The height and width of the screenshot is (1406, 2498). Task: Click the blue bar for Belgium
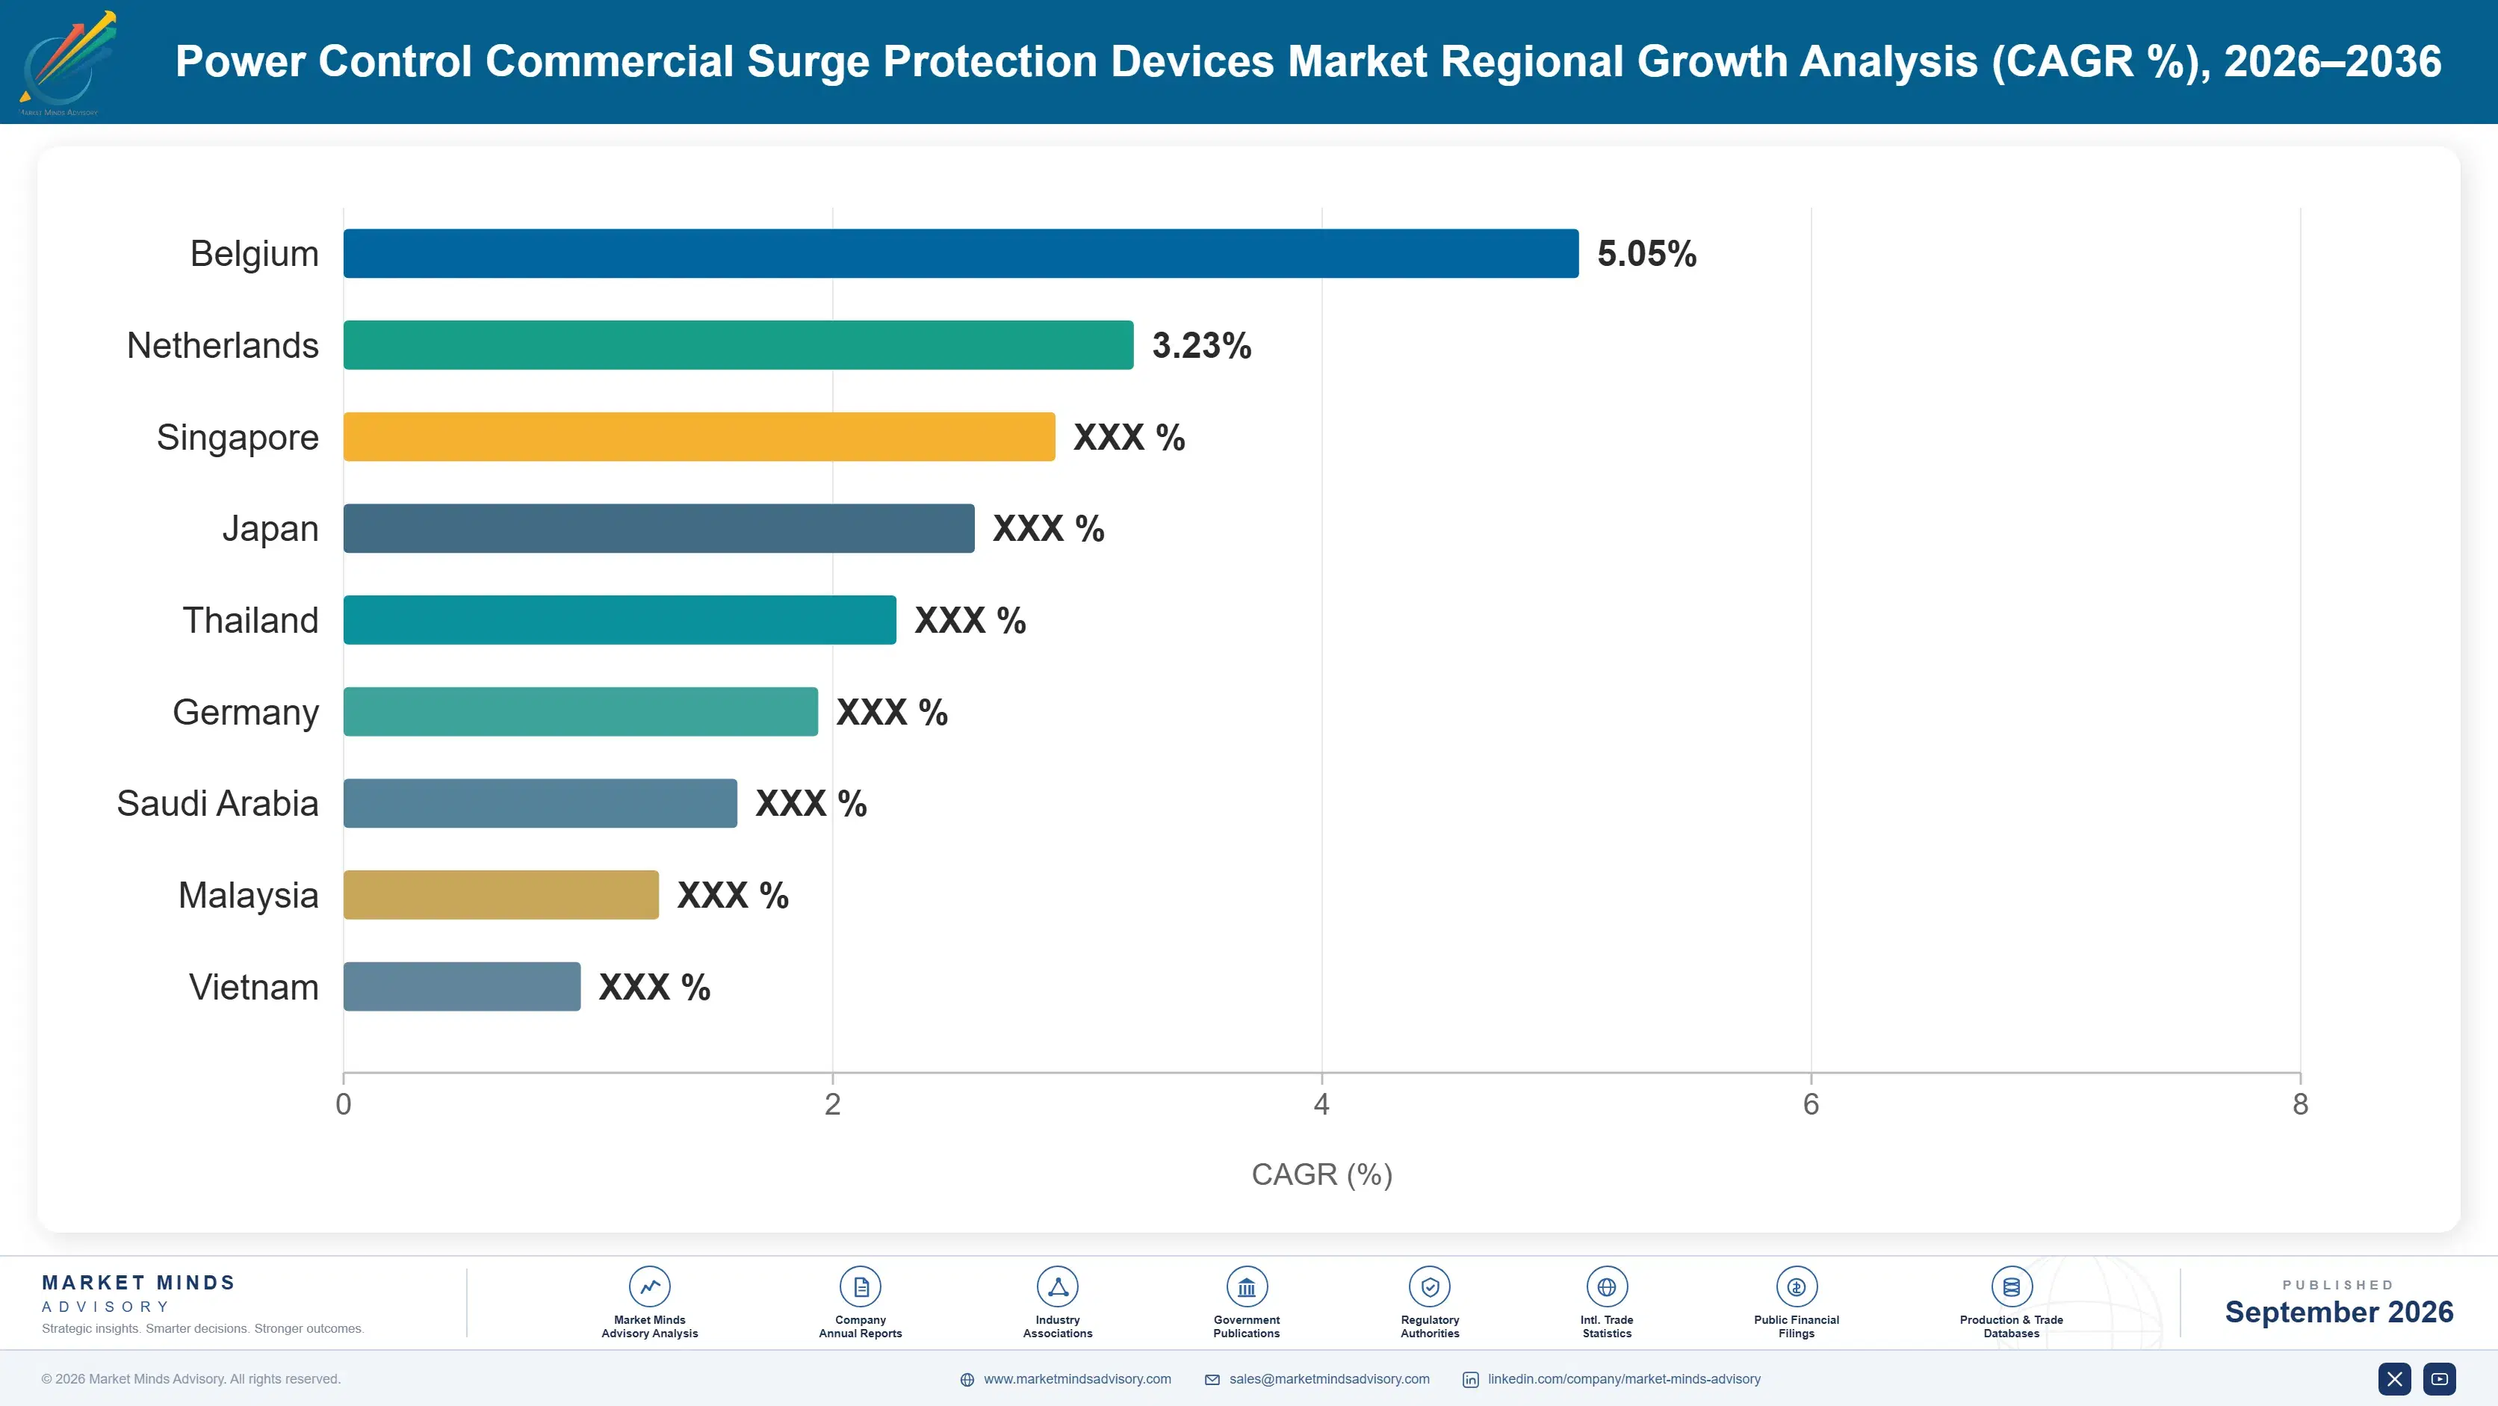961,253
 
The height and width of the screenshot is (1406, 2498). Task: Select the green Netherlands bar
738,345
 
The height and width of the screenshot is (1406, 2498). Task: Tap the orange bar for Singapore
699,436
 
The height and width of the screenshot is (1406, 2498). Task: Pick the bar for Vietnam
462,986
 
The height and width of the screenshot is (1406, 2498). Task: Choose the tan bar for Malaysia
501,895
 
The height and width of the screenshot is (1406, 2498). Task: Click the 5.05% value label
1646,254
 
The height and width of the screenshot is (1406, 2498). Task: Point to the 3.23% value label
1201,345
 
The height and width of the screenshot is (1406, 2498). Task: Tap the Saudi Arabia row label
217,803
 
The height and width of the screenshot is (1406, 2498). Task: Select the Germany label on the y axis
245,713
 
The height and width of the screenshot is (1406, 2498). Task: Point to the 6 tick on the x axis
1811,1103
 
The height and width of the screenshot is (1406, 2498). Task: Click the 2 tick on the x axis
832,1103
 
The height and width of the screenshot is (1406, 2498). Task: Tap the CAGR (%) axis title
1321,1174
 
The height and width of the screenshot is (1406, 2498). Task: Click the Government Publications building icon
1246,1286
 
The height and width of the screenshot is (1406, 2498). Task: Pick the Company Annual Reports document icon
860,1286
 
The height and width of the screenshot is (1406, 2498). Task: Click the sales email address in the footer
1328,1379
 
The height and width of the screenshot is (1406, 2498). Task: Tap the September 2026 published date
2339,1312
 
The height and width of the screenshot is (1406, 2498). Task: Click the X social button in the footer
2394,1379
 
